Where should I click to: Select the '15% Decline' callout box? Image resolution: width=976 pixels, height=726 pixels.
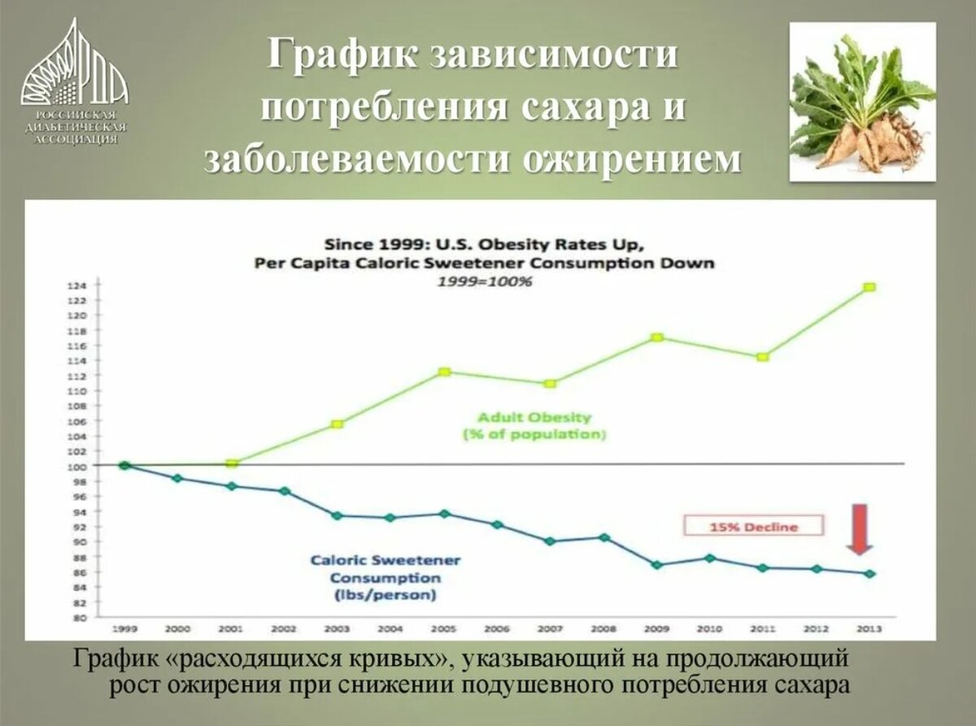754,527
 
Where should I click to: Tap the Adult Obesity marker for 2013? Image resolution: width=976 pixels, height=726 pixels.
869,287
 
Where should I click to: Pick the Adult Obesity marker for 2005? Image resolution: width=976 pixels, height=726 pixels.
444,372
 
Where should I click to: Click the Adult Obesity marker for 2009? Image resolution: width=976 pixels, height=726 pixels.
657,337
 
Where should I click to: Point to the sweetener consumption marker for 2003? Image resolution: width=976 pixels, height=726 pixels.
338,515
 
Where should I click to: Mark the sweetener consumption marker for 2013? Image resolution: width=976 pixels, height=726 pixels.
869,574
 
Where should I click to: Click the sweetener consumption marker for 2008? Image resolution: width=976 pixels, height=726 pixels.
603,537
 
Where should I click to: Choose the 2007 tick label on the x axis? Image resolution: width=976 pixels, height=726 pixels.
550,629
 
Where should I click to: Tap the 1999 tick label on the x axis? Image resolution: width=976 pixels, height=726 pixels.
124,629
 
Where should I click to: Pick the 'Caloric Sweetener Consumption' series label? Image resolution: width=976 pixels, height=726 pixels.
385,577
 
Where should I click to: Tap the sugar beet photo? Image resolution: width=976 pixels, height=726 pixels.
863,102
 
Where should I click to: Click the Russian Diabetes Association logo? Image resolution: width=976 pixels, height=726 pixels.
73,81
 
